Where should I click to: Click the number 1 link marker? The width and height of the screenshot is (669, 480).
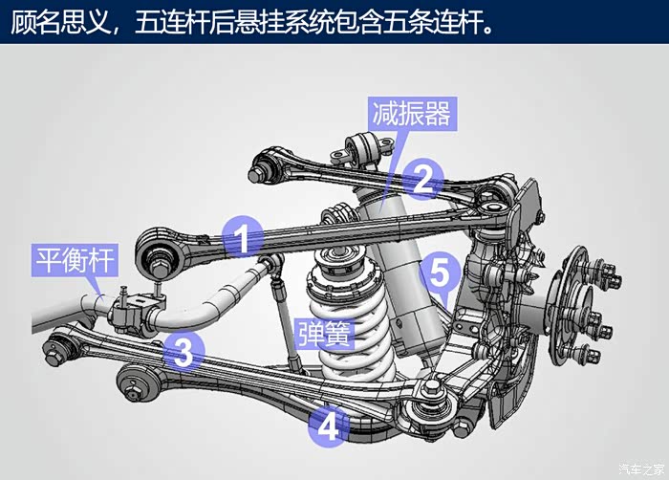coord(243,236)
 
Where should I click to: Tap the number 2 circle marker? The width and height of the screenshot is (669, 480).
coord(422,179)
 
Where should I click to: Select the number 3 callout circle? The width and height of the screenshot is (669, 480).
coord(183,352)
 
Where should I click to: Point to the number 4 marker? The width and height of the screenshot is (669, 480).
coord(328,426)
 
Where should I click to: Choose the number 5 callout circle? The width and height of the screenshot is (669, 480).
coord(441,273)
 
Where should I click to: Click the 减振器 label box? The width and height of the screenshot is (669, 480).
coord(412,113)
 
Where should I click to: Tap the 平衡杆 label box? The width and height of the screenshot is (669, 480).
coord(75,260)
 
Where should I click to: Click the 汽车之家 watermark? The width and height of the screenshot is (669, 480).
coord(641,469)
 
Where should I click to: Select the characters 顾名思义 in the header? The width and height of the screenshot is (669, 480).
coord(60,22)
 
